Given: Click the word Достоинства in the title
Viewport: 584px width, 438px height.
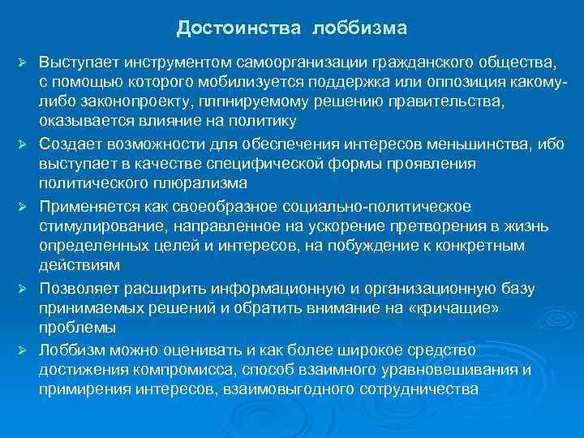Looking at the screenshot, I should (237, 29).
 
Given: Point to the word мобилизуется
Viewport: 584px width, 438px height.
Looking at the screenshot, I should (258, 82).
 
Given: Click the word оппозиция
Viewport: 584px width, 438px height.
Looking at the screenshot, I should (474, 82).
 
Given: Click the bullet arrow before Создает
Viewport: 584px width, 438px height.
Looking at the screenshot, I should (25, 144).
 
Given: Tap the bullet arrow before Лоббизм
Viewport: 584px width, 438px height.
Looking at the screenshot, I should (25, 349).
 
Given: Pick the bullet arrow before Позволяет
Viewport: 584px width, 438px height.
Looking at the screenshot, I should (25, 287).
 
